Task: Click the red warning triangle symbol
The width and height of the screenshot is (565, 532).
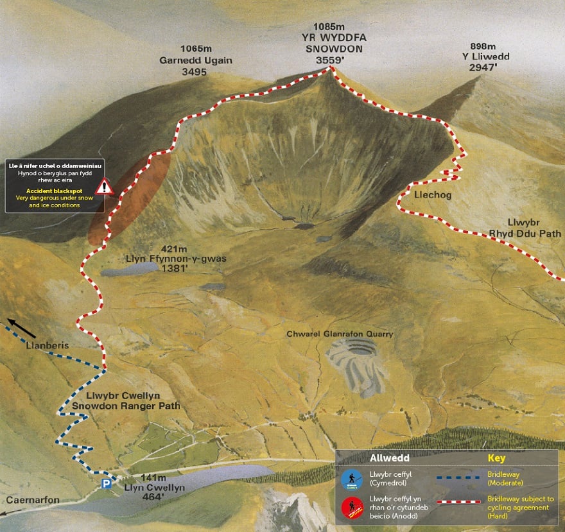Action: coord(104,187)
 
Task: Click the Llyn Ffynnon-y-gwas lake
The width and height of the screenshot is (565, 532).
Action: coord(125,270)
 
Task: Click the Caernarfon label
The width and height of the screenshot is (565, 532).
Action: coord(33,500)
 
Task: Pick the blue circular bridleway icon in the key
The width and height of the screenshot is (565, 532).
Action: coord(349,478)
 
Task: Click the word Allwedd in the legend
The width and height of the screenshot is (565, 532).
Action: coord(385,458)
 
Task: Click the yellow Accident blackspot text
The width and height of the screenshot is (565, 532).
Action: coord(53,191)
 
